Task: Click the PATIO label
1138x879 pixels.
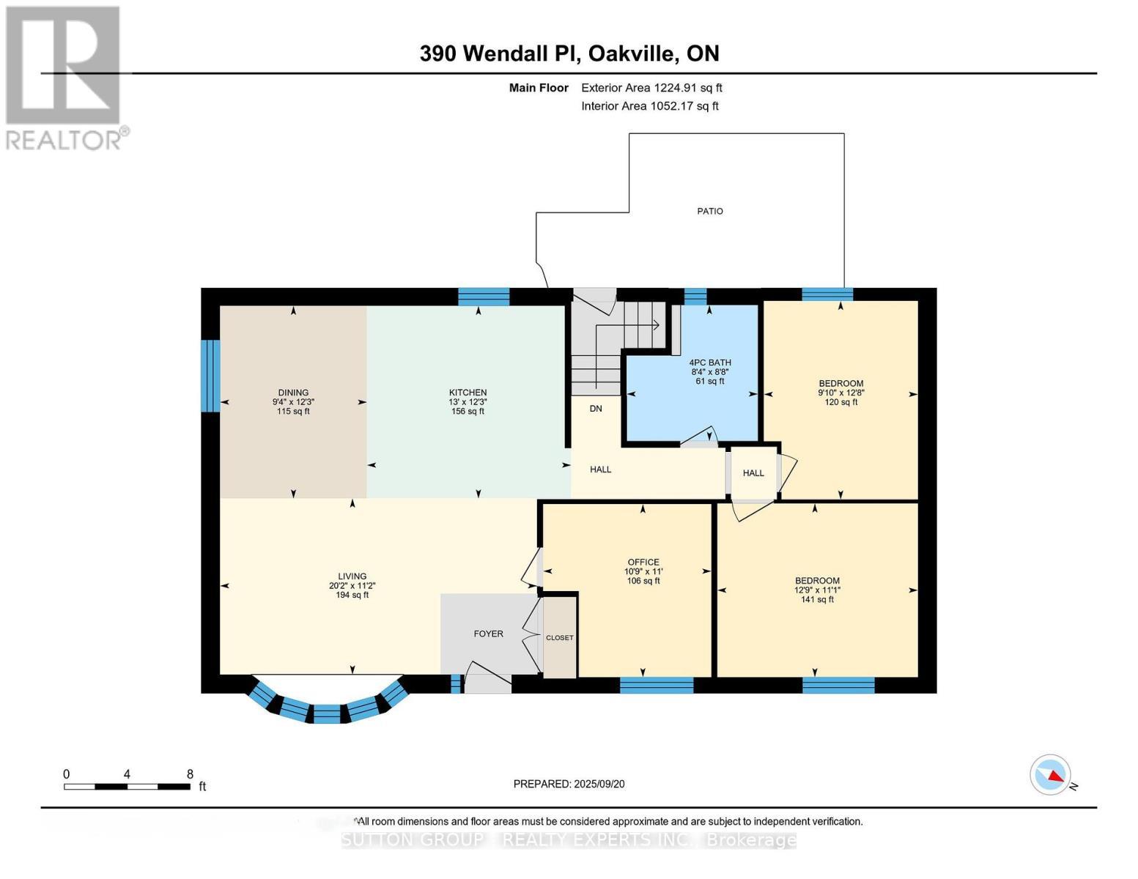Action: tap(709, 211)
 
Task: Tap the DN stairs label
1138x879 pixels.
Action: tap(596, 408)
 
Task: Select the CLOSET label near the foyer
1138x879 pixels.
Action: tap(559, 637)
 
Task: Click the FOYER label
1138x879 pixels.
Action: tap(488, 634)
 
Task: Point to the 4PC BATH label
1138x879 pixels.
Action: tap(709, 363)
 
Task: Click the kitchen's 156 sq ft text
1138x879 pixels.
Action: tap(468, 412)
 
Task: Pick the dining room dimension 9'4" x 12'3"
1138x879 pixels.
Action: tap(293, 402)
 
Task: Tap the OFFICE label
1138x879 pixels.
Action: tap(643, 562)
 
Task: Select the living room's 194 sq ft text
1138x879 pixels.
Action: tap(352, 596)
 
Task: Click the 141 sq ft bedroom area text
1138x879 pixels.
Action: tap(816, 600)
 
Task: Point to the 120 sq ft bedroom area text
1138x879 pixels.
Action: tap(840, 402)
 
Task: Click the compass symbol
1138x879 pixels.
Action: tap(1050, 775)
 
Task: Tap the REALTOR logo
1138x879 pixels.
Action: tap(64, 77)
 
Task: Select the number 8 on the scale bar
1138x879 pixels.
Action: tap(190, 774)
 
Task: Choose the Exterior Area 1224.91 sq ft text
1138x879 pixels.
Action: tap(651, 88)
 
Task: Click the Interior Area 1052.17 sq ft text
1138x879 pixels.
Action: tap(649, 106)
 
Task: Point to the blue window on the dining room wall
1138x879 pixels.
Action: tap(210, 375)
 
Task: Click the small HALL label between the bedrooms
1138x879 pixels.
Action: tap(753, 473)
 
